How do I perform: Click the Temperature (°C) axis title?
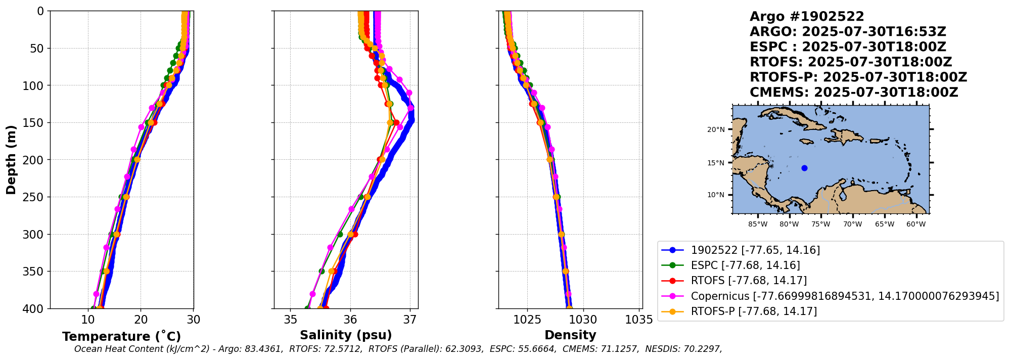(x=121, y=337)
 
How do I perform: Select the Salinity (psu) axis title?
(x=346, y=335)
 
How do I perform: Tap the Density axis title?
(x=570, y=335)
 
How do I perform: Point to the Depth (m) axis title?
(x=11, y=160)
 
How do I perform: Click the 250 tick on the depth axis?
(x=35, y=197)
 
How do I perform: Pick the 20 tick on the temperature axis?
(x=141, y=320)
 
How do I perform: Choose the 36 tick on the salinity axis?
(x=350, y=320)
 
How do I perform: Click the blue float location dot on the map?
(x=804, y=168)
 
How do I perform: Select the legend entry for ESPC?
(x=745, y=265)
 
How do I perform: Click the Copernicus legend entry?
(x=844, y=296)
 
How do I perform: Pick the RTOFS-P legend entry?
(x=753, y=311)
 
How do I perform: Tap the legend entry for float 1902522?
(x=755, y=250)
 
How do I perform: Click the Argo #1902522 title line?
(x=807, y=17)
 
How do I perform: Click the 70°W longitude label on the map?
(x=852, y=224)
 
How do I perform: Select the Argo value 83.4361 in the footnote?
(x=265, y=349)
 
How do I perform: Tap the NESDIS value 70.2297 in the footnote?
(x=704, y=349)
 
